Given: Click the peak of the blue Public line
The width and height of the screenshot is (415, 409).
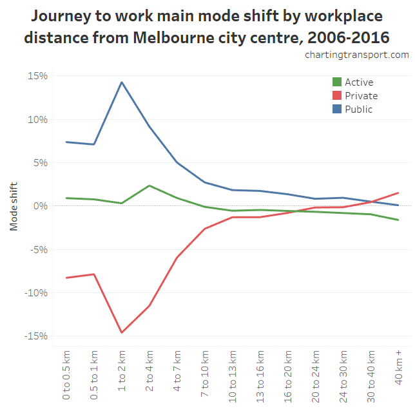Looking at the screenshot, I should tap(122, 82).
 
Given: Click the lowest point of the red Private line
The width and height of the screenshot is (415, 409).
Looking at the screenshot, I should tap(122, 332).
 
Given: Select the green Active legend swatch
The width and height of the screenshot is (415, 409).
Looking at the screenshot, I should tap(337, 82).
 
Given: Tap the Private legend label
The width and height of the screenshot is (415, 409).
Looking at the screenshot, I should tap(361, 96).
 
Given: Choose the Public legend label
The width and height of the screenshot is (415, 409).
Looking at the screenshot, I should tap(358, 109).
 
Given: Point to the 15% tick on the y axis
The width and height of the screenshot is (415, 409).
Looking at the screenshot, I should tap(38, 76).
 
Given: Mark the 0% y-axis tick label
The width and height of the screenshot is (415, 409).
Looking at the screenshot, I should tap(40, 206).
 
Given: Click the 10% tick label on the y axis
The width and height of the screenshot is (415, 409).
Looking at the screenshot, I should tap(38, 119).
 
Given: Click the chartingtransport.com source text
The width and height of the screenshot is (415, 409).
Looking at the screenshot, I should tap(357, 55).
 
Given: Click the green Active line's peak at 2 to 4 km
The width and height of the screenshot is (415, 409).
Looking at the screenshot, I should tap(150, 185).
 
